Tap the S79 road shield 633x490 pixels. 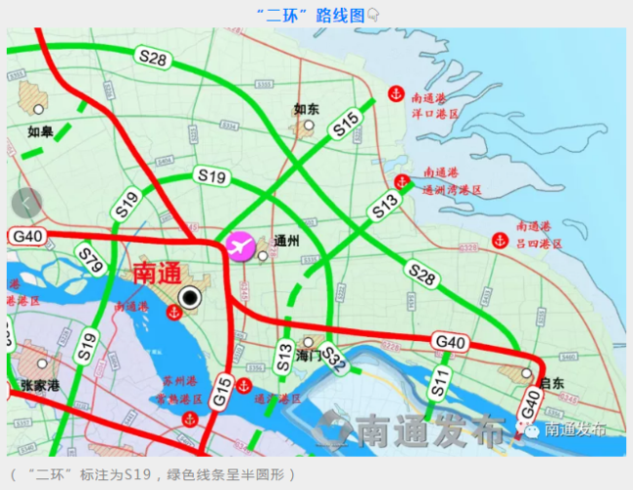point(91,262)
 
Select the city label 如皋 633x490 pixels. point(40,130)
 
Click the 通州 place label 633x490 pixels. point(287,240)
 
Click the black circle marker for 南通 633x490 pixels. point(189,298)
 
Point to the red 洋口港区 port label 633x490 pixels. point(435,114)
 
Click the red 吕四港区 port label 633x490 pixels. point(539,242)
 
